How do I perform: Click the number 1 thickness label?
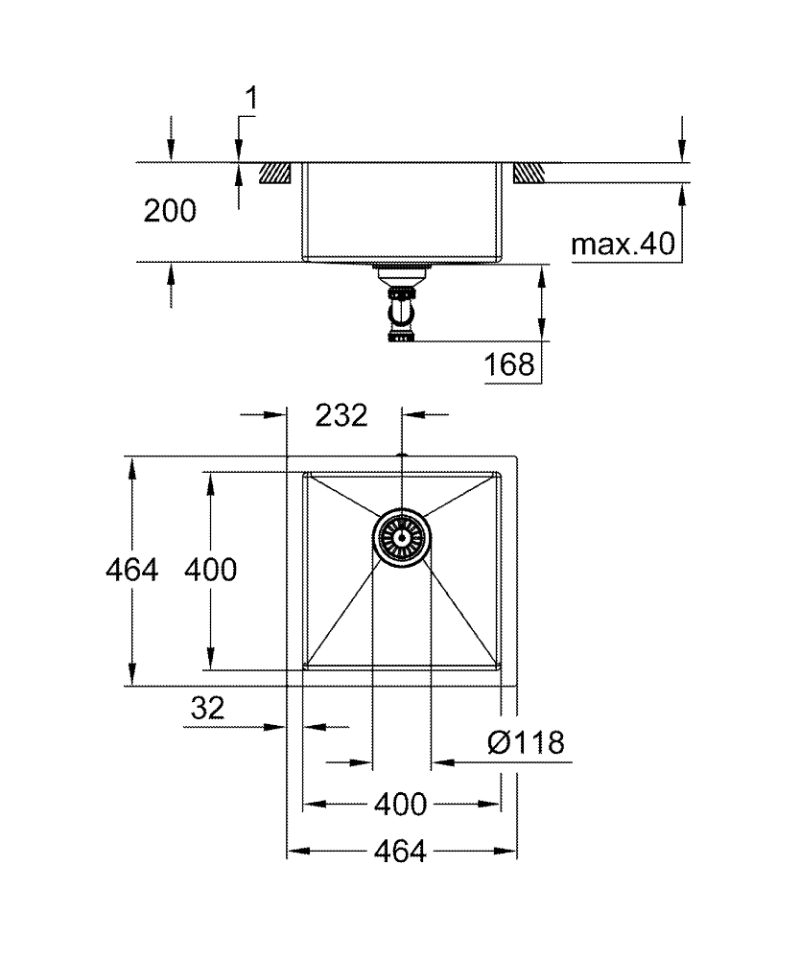click(x=252, y=97)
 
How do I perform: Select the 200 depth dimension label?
click(x=170, y=211)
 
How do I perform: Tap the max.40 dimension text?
click(x=618, y=246)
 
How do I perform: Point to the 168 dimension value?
click(x=510, y=364)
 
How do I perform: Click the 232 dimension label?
click(x=341, y=415)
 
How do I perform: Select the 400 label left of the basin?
click(x=209, y=570)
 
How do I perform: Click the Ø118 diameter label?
click(x=524, y=742)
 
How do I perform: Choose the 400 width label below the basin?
click(x=400, y=805)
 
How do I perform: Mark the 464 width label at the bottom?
click(x=400, y=851)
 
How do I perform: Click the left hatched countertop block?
click(x=276, y=173)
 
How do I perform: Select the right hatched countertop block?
click(x=529, y=173)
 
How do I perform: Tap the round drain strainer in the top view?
click(x=401, y=537)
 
